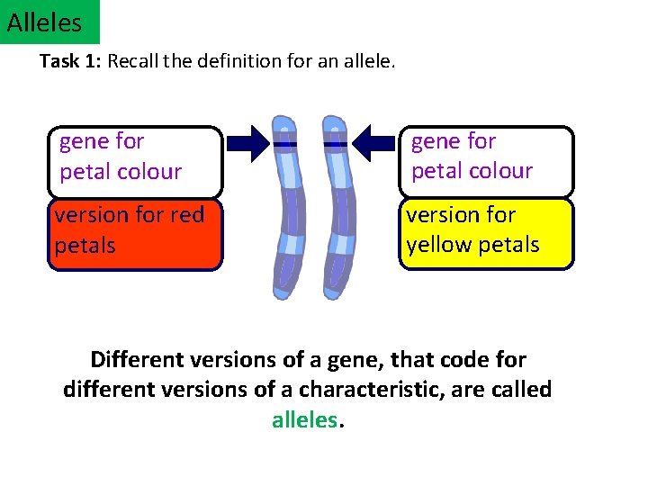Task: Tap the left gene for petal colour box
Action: point(135,161)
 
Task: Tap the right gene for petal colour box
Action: point(485,161)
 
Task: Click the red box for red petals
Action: point(135,234)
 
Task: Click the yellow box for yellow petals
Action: point(485,234)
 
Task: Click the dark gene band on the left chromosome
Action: point(285,143)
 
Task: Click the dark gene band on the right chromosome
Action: point(335,143)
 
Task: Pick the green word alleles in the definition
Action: point(305,420)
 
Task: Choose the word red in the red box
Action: point(187,215)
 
